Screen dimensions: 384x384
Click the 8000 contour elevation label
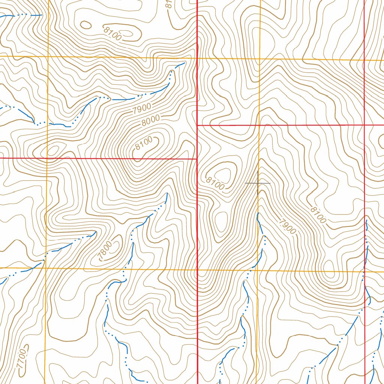[151, 120]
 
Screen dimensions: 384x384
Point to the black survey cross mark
[258, 183]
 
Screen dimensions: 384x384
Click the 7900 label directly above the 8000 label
[142, 109]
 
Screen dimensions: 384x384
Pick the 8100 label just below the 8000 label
[144, 143]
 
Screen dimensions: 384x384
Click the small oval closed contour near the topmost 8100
[86, 25]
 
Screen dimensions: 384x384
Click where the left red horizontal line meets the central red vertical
[197, 159]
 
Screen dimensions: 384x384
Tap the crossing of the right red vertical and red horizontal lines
[364, 124]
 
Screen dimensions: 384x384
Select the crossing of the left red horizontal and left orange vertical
[46, 158]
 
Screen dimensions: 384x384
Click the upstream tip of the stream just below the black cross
[258, 213]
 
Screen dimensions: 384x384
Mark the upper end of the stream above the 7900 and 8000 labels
[184, 63]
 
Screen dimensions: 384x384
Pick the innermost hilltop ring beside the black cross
[225, 174]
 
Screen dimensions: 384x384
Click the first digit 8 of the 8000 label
[144, 123]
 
